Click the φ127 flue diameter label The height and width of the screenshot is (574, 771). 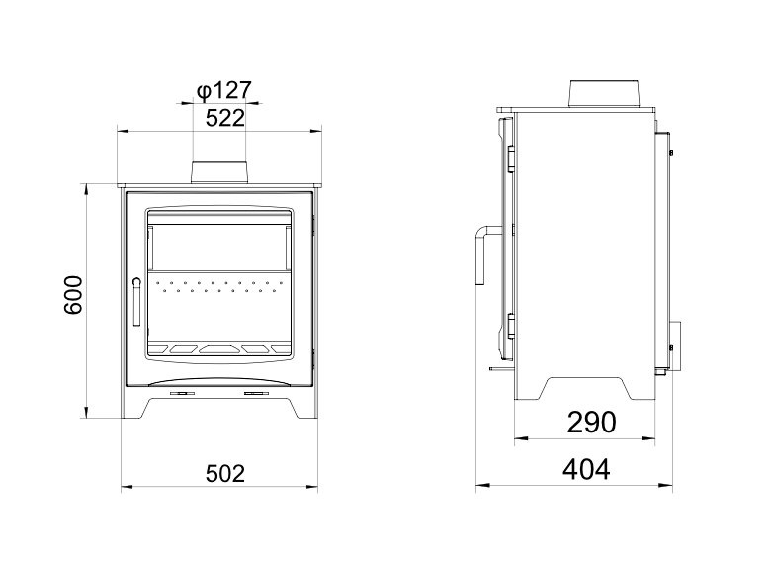click(x=224, y=91)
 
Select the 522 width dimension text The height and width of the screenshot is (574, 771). click(x=224, y=118)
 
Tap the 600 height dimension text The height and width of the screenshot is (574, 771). click(x=74, y=295)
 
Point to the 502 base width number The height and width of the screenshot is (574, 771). click(x=224, y=474)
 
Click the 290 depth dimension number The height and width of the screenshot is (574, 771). click(x=591, y=423)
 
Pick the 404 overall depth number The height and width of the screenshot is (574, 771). click(x=586, y=469)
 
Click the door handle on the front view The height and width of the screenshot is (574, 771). click(x=136, y=302)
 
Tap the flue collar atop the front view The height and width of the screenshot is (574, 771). click(x=218, y=172)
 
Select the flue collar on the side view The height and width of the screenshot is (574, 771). click(x=604, y=94)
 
